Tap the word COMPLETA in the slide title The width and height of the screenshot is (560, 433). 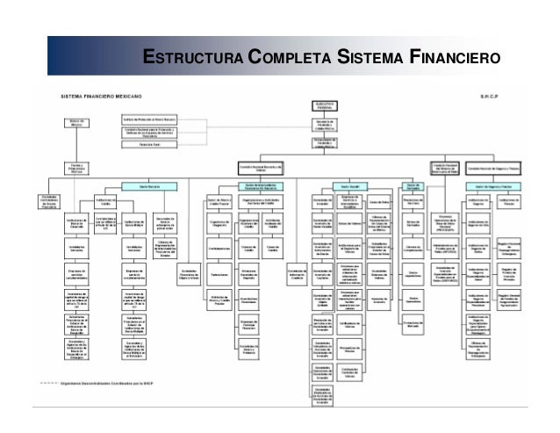(x=288, y=59)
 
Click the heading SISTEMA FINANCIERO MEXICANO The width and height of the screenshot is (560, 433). (x=99, y=92)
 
